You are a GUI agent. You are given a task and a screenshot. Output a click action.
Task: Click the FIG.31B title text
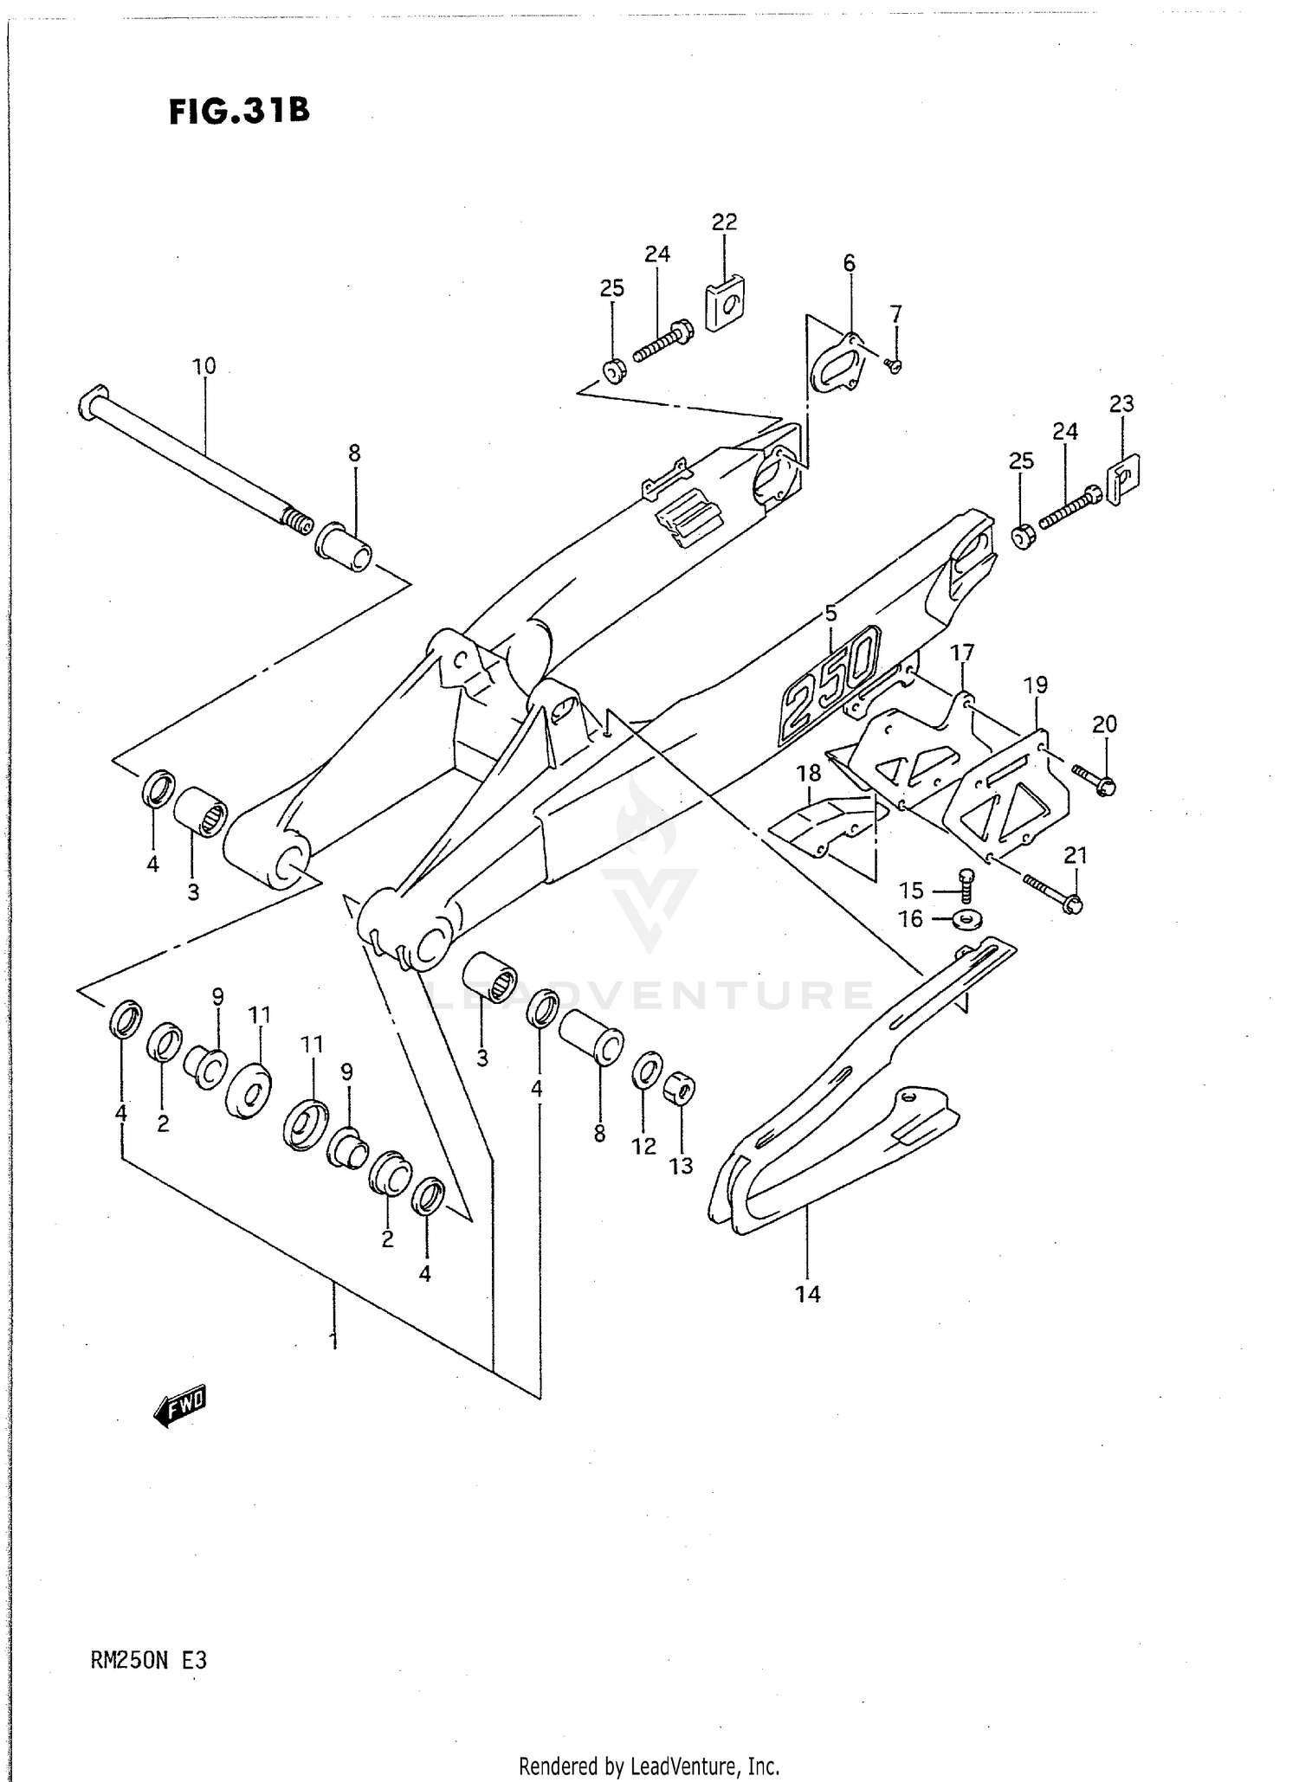[x=239, y=112]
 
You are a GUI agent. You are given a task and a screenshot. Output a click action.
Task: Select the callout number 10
[x=204, y=366]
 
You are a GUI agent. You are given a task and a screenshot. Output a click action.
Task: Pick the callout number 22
[x=724, y=222]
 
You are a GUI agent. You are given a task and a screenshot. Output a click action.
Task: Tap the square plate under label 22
[x=726, y=303]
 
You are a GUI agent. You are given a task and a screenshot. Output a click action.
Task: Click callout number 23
[x=1121, y=403]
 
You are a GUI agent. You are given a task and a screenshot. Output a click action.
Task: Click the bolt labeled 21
[x=1051, y=893]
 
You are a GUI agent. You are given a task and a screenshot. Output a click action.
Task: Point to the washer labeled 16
[x=966, y=918]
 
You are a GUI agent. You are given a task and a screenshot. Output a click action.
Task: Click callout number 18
[x=809, y=773]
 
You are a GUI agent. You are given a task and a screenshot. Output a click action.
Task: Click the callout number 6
[x=849, y=263]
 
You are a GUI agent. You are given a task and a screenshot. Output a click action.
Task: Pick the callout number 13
[x=681, y=1166]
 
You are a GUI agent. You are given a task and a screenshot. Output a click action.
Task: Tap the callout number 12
[x=643, y=1146]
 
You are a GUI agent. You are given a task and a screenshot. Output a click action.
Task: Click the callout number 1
[x=333, y=1341]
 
